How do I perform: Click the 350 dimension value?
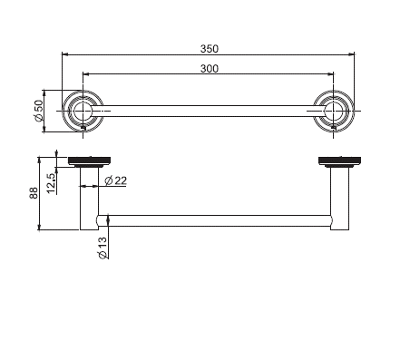[x=210, y=49]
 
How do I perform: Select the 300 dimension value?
[x=210, y=69]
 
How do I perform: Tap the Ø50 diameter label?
[x=39, y=111]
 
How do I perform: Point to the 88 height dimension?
[x=34, y=193]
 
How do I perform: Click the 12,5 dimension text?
[x=51, y=183]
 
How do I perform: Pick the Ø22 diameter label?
[x=116, y=180]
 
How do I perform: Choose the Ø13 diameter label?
[x=102, y=248]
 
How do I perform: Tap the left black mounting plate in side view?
[x=89, y=161]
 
